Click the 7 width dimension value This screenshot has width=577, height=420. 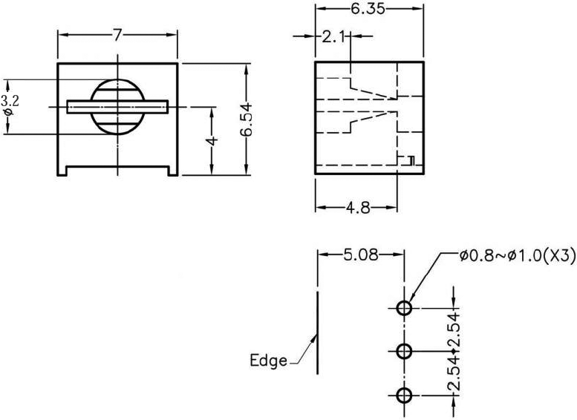pos(117,35)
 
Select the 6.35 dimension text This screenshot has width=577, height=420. pos(369,9)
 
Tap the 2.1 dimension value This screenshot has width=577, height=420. pos(330,36)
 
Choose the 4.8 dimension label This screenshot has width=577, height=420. pos(358,208)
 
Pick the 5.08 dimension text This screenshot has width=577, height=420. pos(361,255)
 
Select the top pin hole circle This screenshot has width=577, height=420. pos(404,308)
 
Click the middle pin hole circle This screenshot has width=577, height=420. pos(404,351)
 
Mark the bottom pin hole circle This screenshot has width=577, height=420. pos(404,395)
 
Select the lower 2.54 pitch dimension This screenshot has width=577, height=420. pos(453,373)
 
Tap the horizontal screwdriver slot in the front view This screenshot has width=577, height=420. pos(117,107)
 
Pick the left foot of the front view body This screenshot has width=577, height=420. pos(64,170)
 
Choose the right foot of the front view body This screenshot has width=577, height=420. pos(172,170)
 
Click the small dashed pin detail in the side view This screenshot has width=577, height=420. pos(408,160)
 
